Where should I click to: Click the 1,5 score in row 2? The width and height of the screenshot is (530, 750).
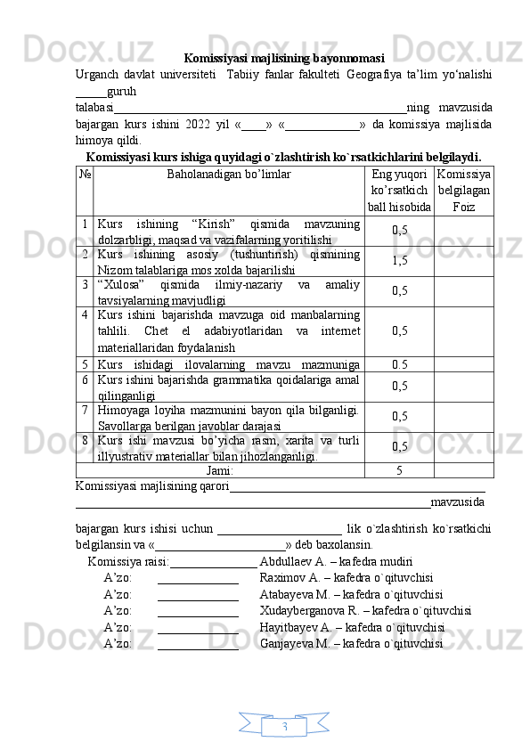[399, 260]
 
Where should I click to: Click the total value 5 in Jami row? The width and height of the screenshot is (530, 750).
[399, 470]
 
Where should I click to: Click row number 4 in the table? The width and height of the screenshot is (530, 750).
[82, 314]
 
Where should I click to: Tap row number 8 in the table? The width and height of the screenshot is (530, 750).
[82, 440]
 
